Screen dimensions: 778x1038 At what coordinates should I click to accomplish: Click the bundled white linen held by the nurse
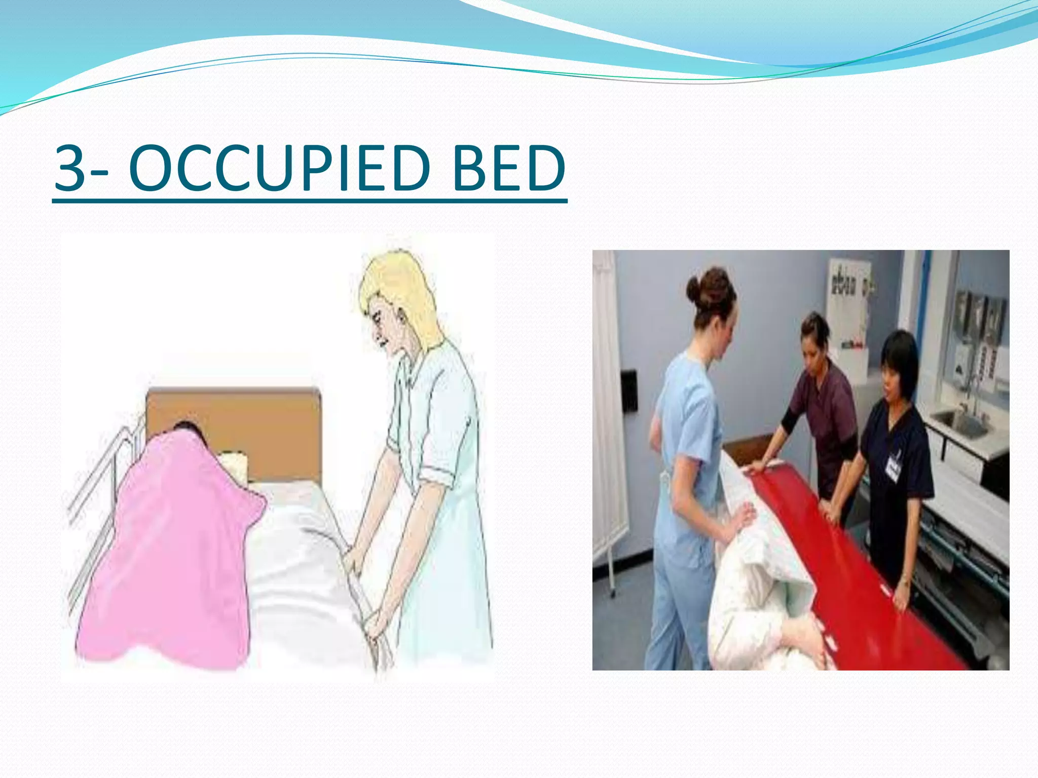(750, 582)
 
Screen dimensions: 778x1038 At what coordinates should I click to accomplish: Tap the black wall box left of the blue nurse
(629, 390)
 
